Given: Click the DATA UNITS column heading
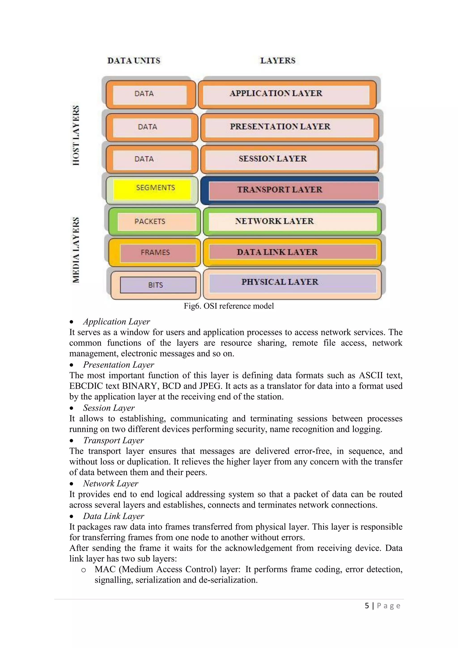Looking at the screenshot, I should click(x=134, y=61).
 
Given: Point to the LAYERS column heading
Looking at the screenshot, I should click(x=278, y=61).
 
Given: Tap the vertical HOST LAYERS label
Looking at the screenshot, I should click(x=76, y=135).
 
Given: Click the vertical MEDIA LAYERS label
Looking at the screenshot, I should click(x=76, y=250).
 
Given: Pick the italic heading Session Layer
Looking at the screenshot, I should click(x=109, y=408).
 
